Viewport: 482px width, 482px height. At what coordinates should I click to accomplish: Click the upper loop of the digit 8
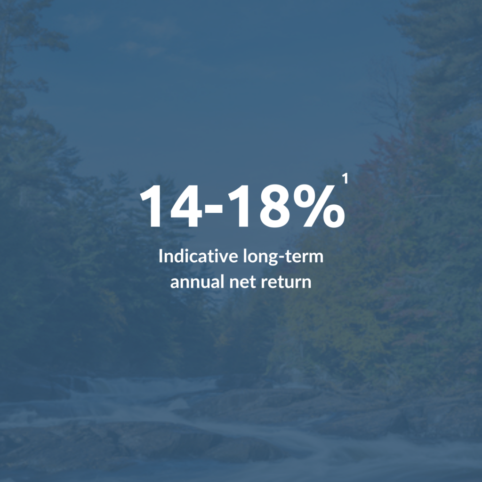[276, 196]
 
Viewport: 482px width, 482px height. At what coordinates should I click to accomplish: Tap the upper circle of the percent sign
[305, 195]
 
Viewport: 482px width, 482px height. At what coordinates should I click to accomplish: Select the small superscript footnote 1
[345, 178]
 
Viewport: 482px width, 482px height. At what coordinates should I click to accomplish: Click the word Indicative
[199, 256]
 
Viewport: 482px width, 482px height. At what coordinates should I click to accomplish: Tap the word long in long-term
[260, 257]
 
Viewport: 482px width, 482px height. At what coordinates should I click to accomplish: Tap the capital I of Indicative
[161, 256]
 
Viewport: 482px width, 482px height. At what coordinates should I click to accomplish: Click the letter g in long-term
[272, 260]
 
